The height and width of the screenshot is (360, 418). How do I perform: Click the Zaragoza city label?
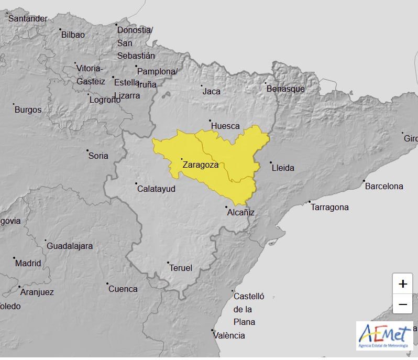(200, 165)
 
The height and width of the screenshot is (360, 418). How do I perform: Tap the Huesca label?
(225, 126)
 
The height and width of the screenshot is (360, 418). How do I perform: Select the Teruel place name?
(181, 268)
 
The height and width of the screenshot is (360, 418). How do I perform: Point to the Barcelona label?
(384, 186)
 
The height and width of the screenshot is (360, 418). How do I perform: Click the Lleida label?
(283, 168)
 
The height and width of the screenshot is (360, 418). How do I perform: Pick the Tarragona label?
(329, 207)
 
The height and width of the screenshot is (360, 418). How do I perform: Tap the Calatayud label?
(156, 189)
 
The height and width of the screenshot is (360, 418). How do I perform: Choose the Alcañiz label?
(241, 212)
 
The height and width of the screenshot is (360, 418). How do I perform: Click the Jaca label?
(212, 91)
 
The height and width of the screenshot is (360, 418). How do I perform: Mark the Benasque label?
(285, 89)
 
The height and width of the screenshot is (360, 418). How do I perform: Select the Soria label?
(98, 155)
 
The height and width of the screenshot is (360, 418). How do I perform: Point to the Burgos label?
(28, 110)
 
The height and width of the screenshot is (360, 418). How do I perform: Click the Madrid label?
(28, 263)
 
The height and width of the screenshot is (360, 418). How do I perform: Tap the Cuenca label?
(123, 289)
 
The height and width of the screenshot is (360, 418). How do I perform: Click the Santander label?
(28, 18)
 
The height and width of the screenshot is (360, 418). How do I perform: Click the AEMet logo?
(384, 335)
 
